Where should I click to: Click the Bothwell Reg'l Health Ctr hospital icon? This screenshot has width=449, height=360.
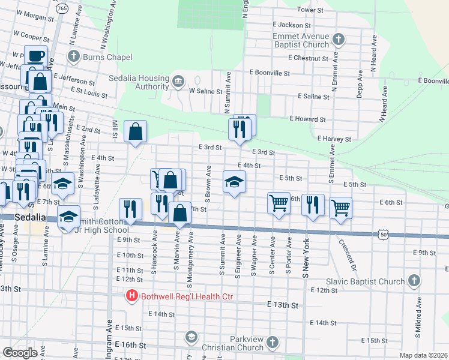tap(131, 296)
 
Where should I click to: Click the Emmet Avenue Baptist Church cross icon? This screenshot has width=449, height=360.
tap(339, 40)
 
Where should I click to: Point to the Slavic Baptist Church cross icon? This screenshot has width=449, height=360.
tap(414, 281)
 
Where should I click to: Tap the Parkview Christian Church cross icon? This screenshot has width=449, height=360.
tap(273, 343)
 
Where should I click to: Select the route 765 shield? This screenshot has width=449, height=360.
tap(61, 8)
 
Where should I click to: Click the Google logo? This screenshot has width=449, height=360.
tap(20, 352)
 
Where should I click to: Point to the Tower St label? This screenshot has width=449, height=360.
tap(310, 10)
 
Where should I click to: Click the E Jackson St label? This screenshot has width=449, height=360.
tap(291, 25)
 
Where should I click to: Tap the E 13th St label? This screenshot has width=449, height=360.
tap(283, 305)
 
